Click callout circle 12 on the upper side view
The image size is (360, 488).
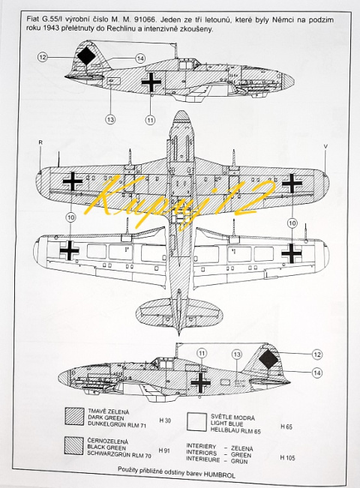(x=43, y=56)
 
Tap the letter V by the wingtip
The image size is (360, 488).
(x=325, y=146)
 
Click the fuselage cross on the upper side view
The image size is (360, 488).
(x=151, y=82)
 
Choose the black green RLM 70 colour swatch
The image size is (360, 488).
(x=74, y=448)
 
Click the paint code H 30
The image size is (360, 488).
(x=166, y=421)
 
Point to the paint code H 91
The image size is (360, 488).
(x=166, y=451)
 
